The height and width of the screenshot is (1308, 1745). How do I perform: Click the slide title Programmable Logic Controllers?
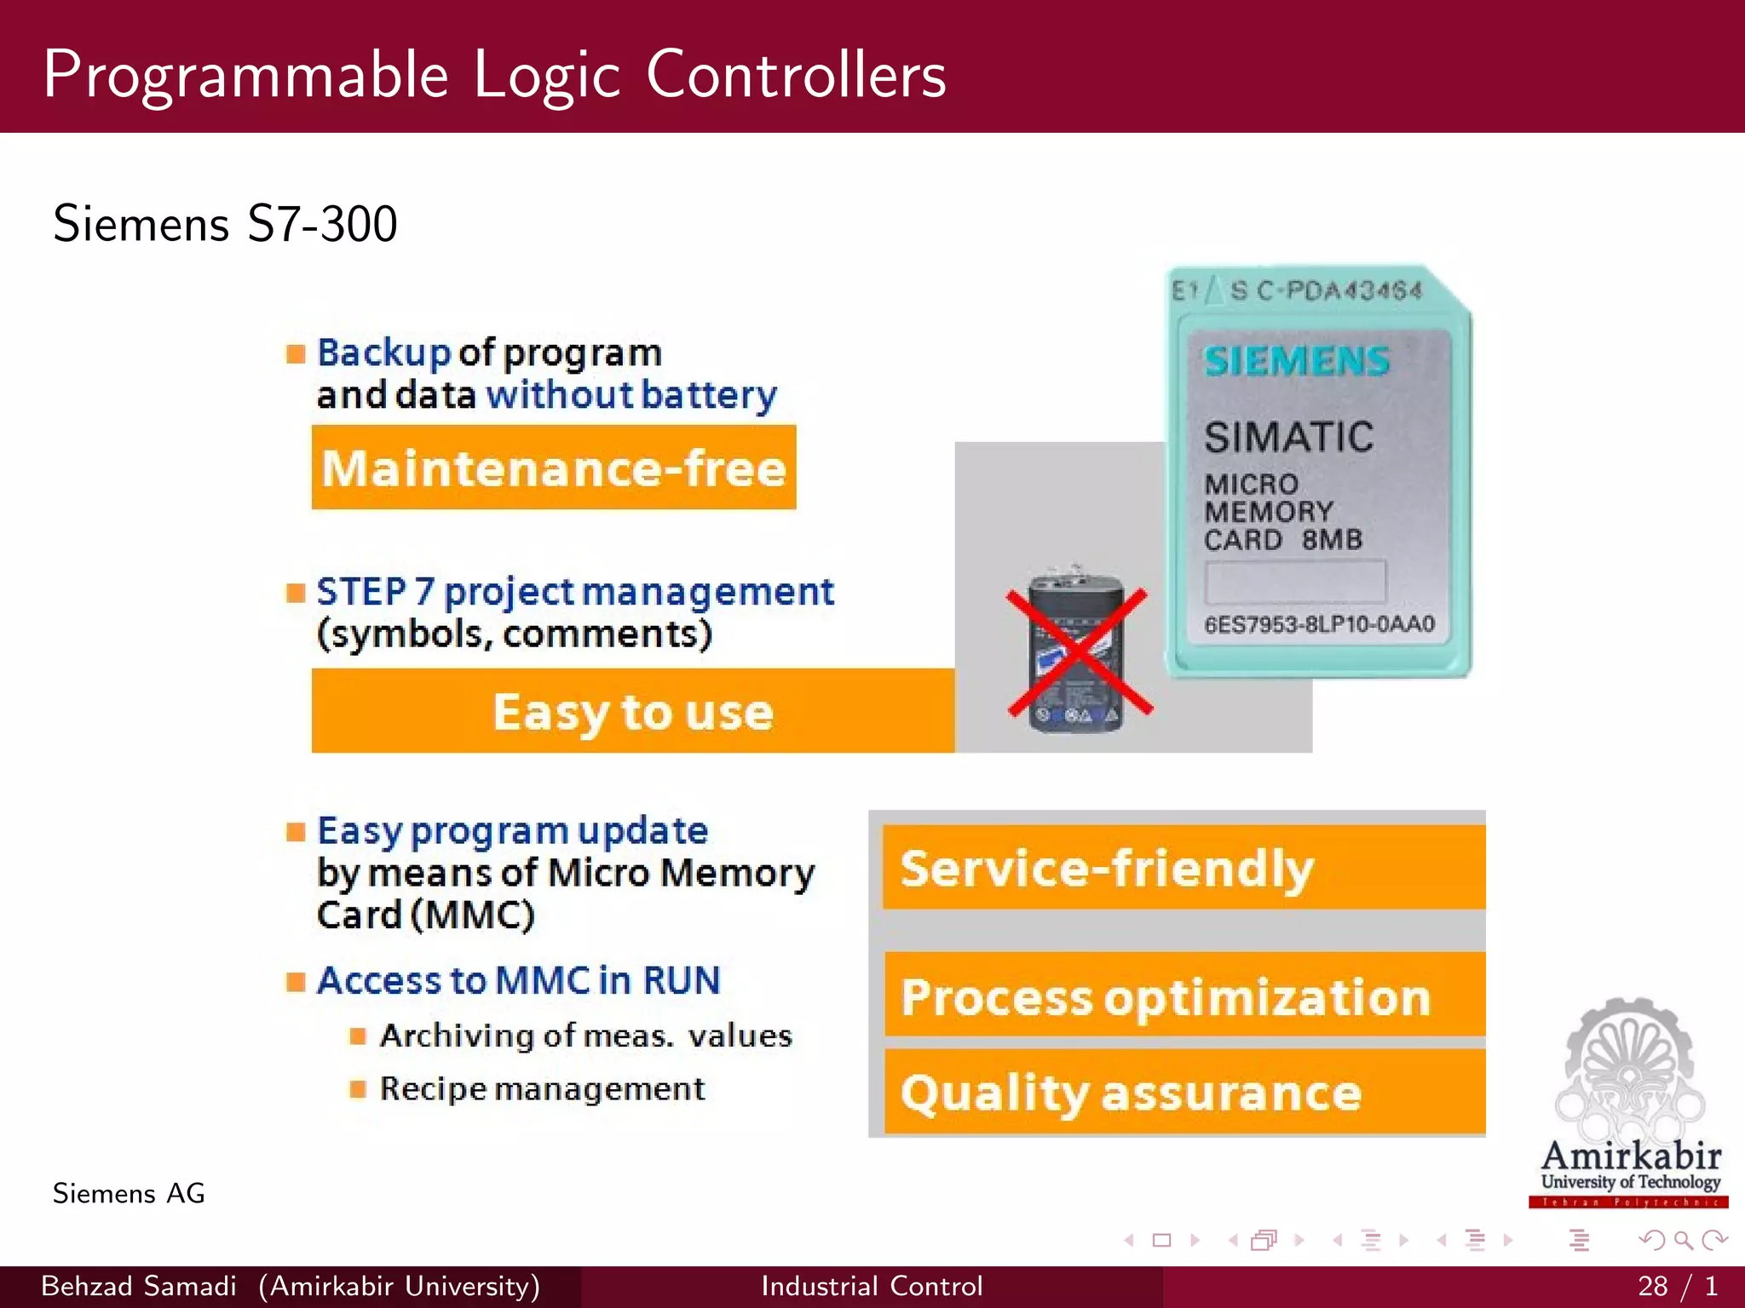[x=494, y=75]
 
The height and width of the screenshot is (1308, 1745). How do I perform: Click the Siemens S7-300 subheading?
[x=225, y=224]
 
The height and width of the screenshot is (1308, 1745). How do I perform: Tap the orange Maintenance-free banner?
[x=554, y=468]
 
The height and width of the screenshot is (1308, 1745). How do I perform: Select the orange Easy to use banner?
[x=632, y=711]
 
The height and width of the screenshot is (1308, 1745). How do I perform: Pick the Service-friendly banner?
[x=1183, y=867]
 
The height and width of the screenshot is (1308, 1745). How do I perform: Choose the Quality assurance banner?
[x=1183, y=1093]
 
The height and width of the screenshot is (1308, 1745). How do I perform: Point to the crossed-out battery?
[x=1077, y=652]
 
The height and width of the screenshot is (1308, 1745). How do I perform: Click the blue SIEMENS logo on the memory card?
[x=1296, y=361]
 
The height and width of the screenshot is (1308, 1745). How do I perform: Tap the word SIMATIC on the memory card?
[x=1288, y=437]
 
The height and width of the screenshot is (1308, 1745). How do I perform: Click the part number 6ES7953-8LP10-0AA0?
[x=1319, y=624]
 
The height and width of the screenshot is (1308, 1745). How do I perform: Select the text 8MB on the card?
[x=1332, y=540]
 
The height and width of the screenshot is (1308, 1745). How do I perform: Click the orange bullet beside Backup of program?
[x=296, y=353]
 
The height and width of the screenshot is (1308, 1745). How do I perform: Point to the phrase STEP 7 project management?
[x=575, y=592]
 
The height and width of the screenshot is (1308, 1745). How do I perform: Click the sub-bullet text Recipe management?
[x=542, y=1088]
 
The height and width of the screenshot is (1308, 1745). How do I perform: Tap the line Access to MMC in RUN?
[x=518, y=980]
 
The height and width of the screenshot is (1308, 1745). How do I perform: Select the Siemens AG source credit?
[x=129, y=1193]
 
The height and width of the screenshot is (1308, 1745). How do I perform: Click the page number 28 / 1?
[x=1677, y=1286]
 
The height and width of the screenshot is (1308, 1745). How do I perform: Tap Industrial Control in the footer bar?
[x=872, y=1286]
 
